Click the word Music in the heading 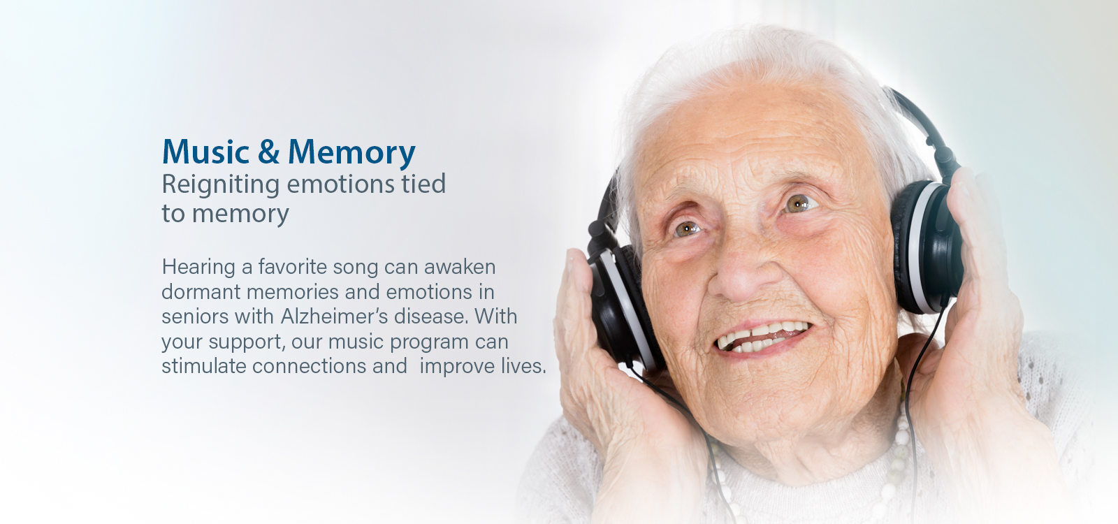point(205,152)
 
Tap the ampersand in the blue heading point(268,152)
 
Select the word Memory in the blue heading point(352,153)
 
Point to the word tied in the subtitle point(423,184)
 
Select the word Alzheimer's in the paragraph point(334,316)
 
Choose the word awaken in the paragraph point(460,267)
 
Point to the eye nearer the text point(688,228)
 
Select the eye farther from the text point(799,203)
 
